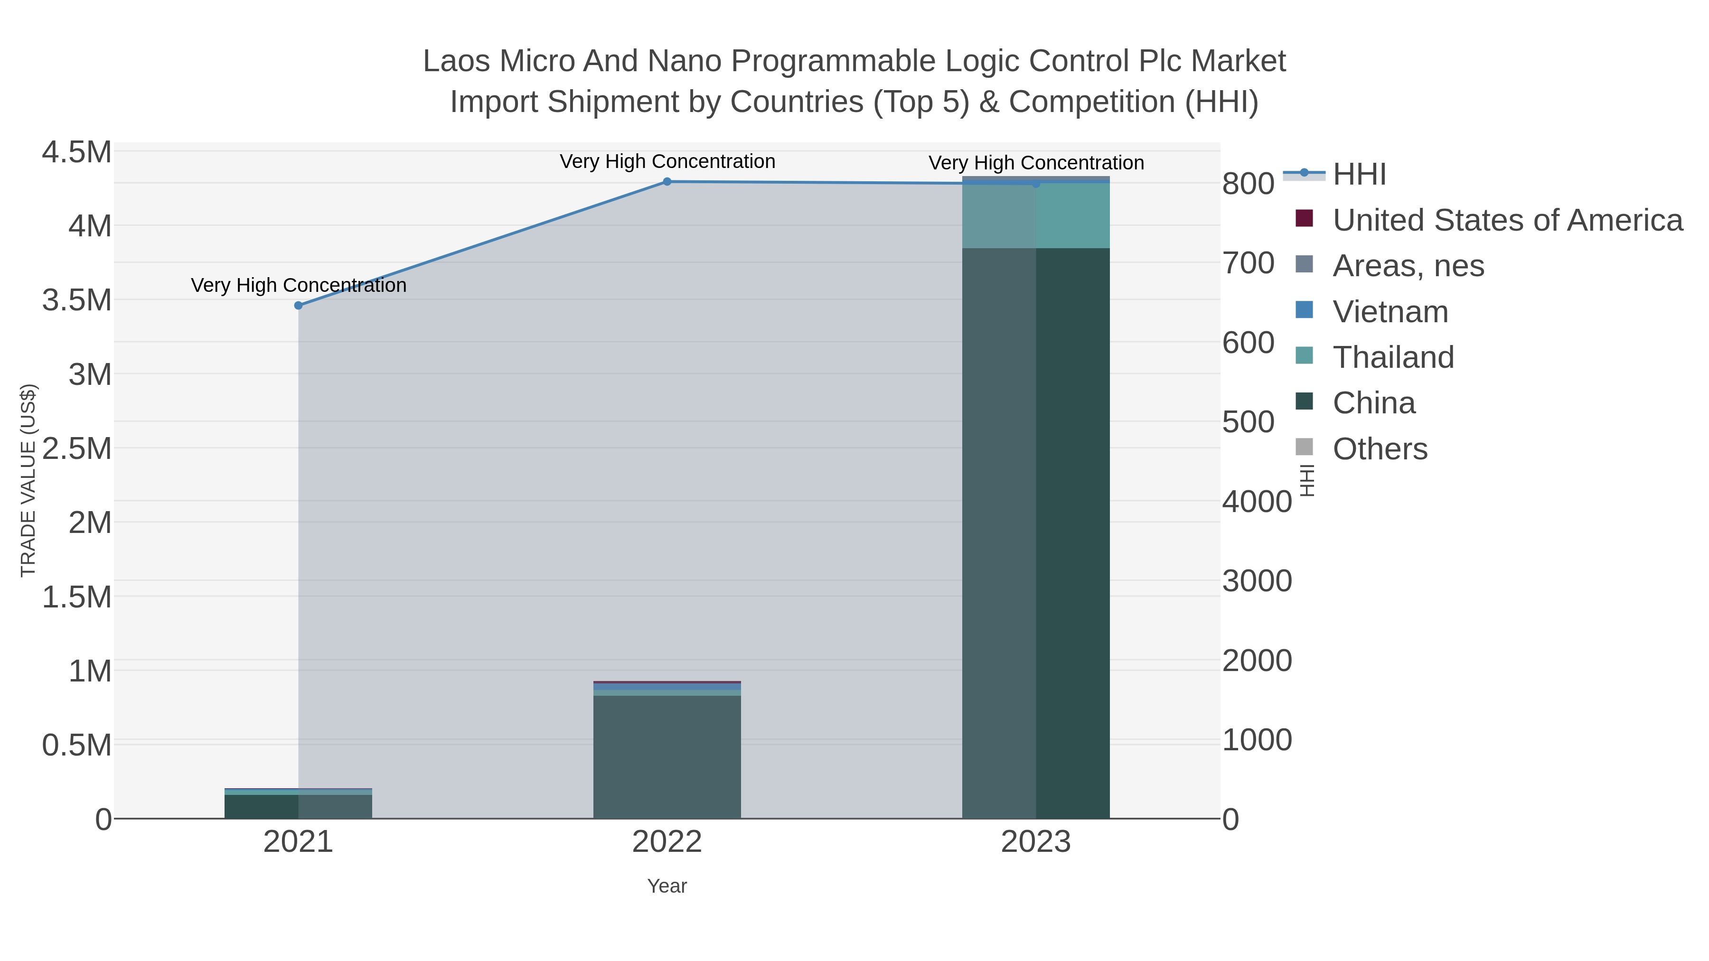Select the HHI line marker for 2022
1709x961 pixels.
(x=667, y=182)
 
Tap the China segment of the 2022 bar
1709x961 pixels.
(x=667, y=756)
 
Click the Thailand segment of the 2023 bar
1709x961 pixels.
(x=1036, y=215)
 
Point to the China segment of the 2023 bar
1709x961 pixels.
(x=1036, y=531)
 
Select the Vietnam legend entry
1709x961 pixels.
(x=1390, y=312)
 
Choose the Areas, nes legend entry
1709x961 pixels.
(x=1408, y=266)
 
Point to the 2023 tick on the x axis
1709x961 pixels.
(x=1036, y=843)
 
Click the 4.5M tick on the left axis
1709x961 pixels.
(x=77, y=152)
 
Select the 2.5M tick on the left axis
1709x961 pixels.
(x=77, y=449)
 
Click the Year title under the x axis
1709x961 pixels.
(x=667, y=886)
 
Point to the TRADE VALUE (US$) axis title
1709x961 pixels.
(x=28, y=480)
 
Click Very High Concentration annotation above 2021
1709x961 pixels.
(x=299, y=286)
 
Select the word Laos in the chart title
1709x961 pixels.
(x=458, y=62)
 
